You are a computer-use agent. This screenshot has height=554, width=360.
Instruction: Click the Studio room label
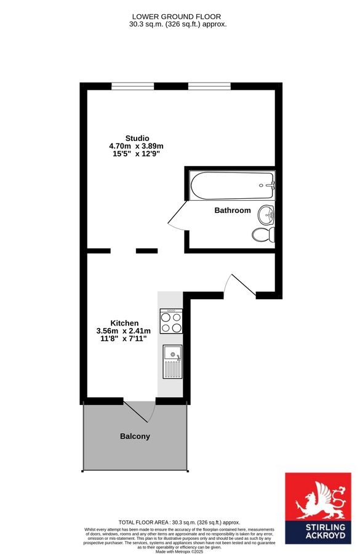(137, 138)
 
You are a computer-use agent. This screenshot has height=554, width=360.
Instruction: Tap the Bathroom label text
(233, 211)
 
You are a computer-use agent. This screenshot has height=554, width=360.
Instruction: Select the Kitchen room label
(124, 323)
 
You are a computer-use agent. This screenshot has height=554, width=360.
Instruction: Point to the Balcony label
(135, 436)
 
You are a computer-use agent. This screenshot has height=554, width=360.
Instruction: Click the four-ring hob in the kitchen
(171, 321)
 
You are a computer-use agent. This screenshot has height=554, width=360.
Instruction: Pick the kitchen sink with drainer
(172, 361)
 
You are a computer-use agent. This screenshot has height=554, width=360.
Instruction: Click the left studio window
(133, 86)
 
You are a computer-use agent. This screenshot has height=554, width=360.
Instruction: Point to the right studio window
(209, 86)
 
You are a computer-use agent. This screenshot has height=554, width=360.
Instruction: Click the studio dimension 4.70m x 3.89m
(136, 146)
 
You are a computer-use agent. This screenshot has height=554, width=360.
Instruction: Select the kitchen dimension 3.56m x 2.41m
(124, 331)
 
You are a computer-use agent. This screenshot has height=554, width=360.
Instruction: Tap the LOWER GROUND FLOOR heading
(177, 16)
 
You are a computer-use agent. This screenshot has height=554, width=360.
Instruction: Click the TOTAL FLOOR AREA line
(180, 522)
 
